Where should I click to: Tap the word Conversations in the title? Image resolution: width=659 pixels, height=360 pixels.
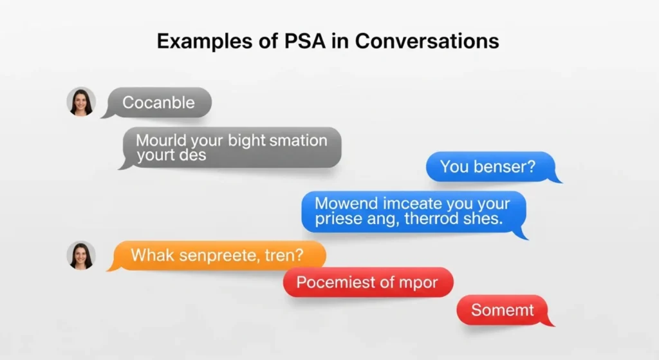click(x=427, y=41)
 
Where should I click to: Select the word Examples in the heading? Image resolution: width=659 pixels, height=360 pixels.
click(x=205, y=41)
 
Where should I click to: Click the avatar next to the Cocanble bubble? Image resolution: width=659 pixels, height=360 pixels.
click(x=81, y=102)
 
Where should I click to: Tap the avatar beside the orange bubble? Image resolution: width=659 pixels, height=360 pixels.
click(x=81, y=256)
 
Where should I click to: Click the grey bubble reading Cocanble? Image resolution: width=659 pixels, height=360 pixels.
click(x=158, y=102)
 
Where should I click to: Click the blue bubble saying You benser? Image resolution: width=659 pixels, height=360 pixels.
click(x=488, y=167)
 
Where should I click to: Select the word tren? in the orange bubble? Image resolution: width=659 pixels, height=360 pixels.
click(x=283, y=256)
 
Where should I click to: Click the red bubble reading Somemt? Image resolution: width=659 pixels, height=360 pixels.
click(x=503, y=310)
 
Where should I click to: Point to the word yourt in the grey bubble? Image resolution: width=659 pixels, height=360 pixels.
click(x=154, y=155)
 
